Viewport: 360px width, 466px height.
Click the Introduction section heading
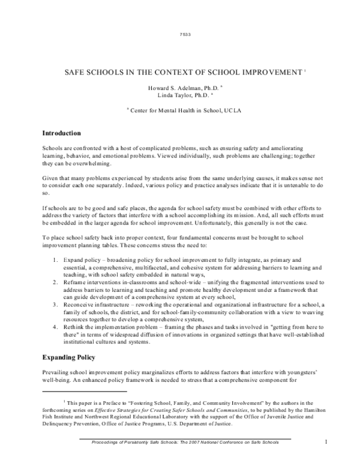66,132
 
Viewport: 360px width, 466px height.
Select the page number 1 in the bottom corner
325,443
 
